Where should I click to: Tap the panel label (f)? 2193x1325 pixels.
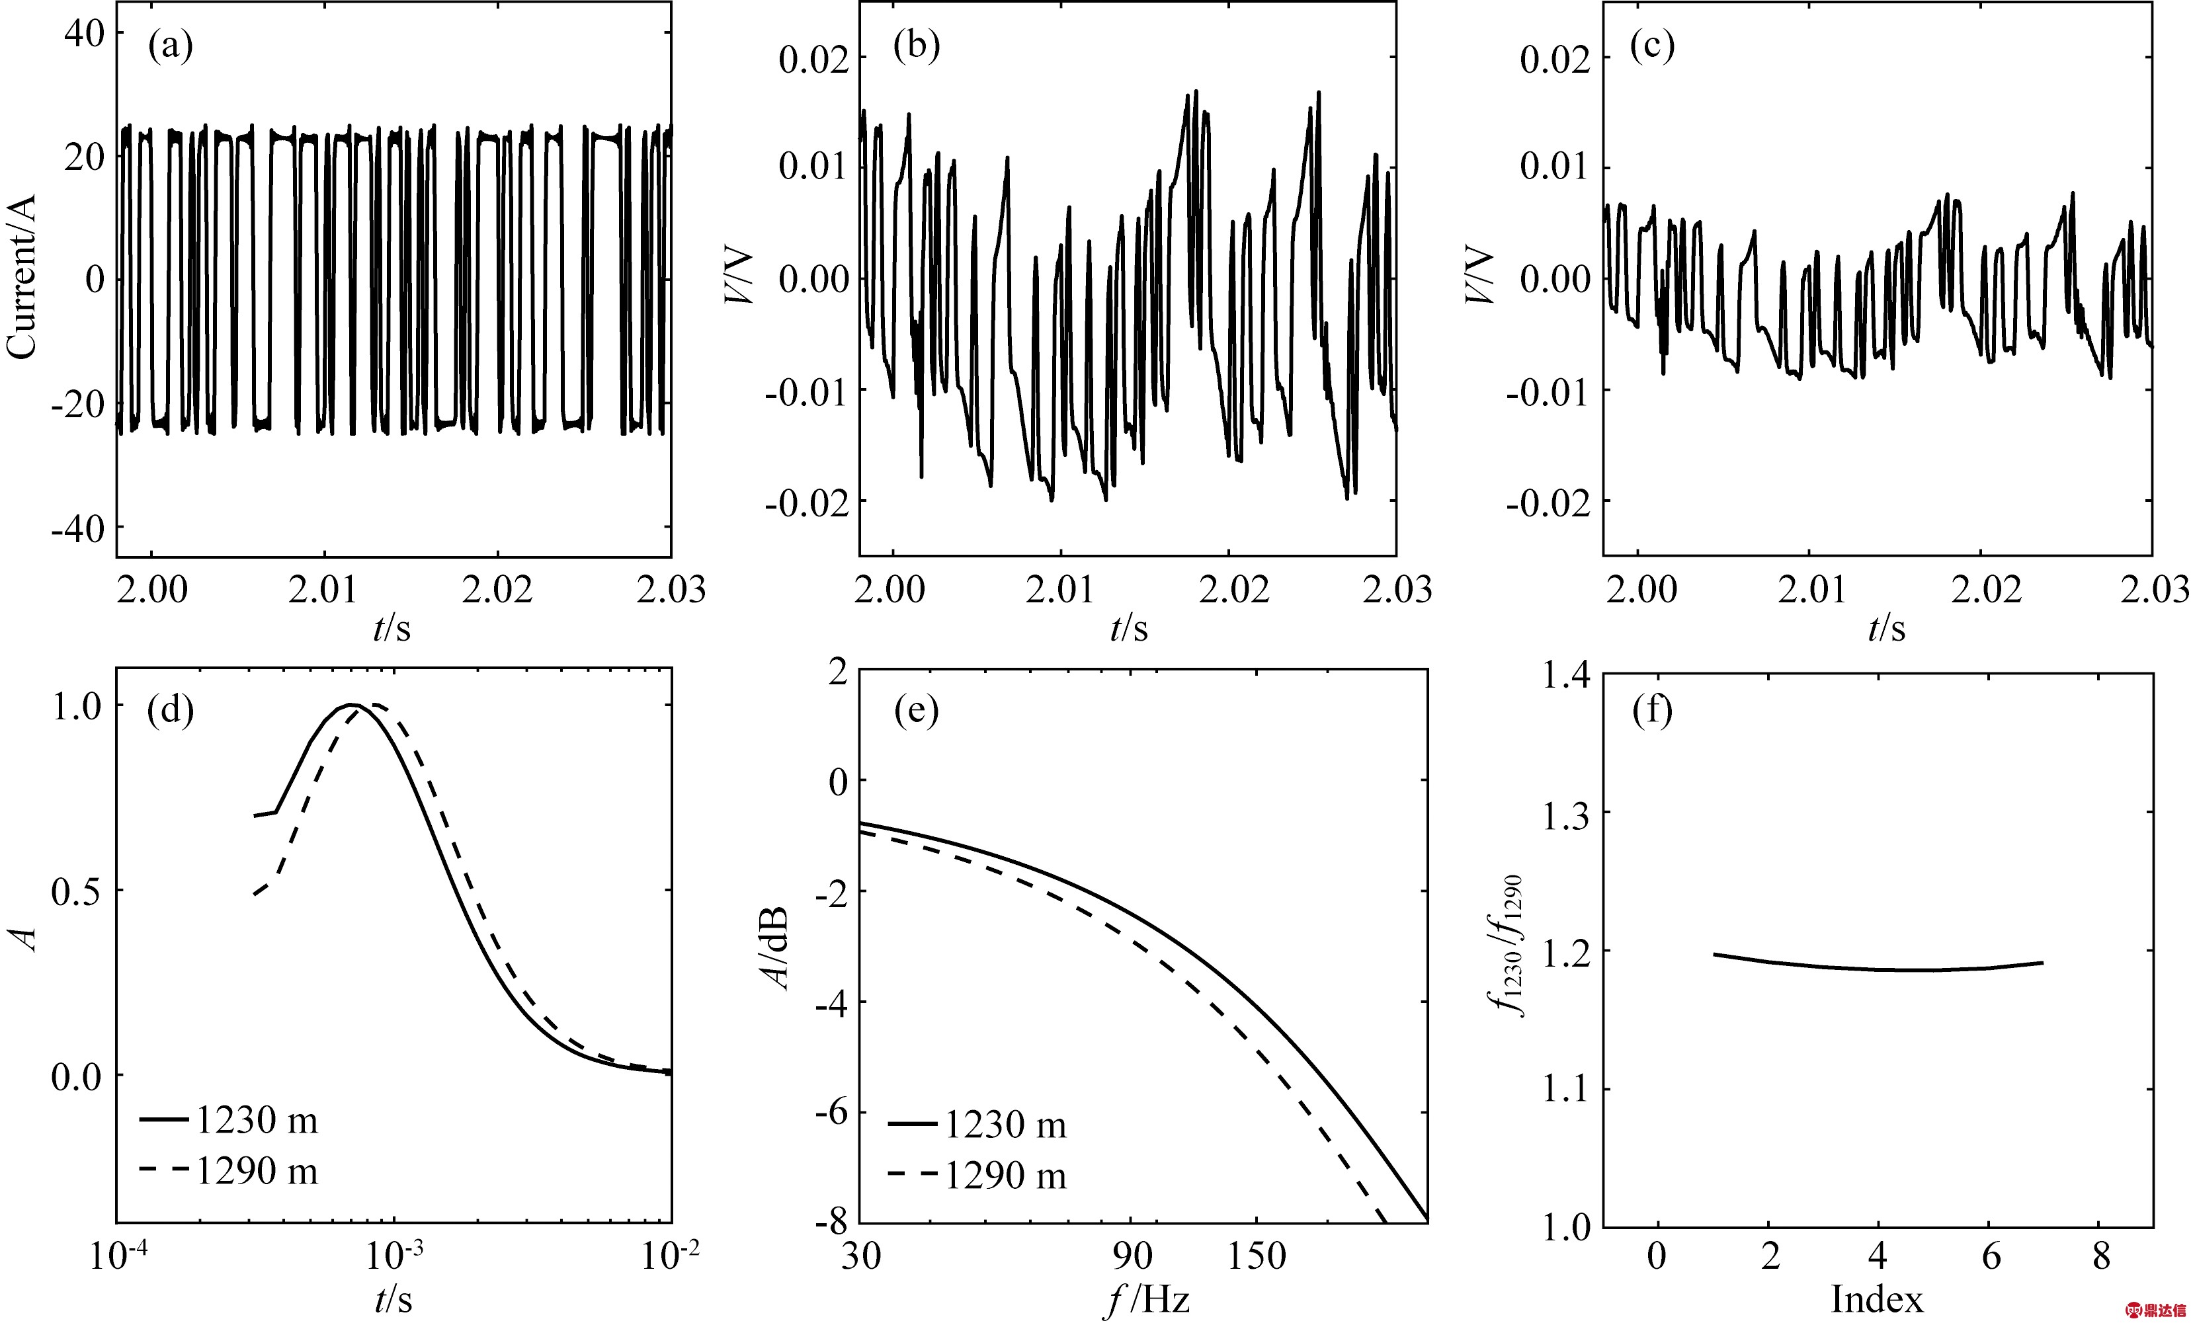1653,710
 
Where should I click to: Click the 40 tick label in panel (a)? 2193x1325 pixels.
84,34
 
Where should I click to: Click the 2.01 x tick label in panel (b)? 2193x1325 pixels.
1059,590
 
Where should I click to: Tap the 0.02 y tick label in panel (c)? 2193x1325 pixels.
1555,60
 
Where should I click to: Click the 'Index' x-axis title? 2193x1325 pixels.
1876,1300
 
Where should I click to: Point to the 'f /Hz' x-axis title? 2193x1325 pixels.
1147,1301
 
